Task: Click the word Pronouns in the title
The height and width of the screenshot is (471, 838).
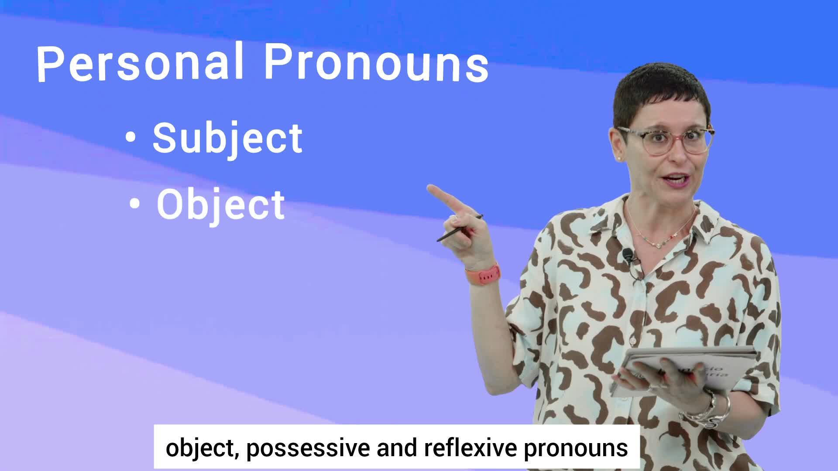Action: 377,63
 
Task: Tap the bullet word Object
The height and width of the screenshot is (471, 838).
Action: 221,205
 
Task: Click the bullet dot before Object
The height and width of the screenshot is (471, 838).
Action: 135,204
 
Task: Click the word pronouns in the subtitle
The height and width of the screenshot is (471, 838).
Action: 576,449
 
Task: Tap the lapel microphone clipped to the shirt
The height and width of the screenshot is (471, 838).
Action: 628,255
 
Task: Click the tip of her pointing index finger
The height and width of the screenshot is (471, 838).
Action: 429,188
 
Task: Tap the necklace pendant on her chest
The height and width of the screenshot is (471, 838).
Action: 658,245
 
